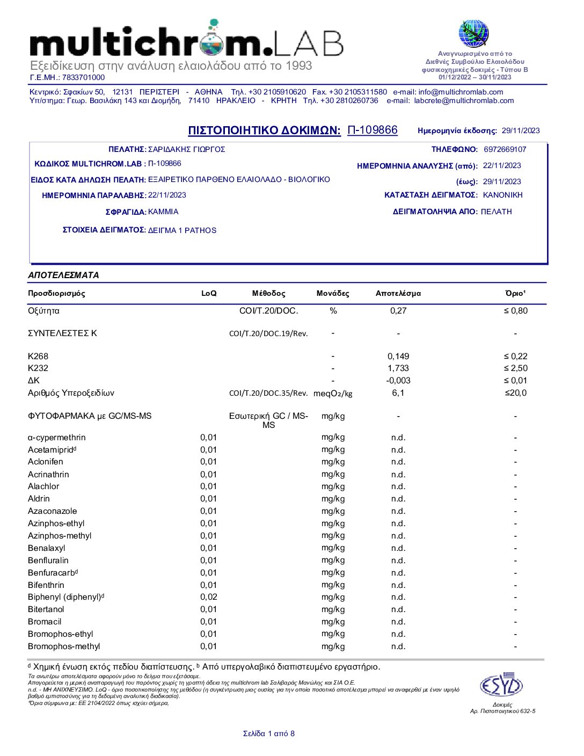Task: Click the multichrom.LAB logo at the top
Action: coord(186,41)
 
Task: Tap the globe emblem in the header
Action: coord(473,33)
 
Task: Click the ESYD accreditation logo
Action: coord(501,686)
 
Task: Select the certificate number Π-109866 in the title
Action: coord(373,130)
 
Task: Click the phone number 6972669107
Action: coord(505,149)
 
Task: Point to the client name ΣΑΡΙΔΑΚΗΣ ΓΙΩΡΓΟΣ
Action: coord(186,149)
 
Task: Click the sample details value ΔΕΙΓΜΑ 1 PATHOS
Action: coord(182,230)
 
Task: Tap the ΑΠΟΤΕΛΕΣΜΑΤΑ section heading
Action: coord(63,275)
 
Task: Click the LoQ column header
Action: coord(209,293)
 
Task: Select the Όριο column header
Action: coord(515,293)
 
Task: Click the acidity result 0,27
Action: coord(398,311)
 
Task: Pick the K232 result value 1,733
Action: coord(398,368)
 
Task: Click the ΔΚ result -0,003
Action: coord(398,381)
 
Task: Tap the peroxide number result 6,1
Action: coord(398,393)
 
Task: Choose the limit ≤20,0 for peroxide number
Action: coord(515,393)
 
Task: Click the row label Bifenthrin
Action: coord(46,585)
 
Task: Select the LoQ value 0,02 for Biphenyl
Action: coord(209,597)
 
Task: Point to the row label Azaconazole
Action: coord(53,511)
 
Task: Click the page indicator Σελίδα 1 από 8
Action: coord(268,733)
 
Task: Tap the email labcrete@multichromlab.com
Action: coord(464,100)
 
